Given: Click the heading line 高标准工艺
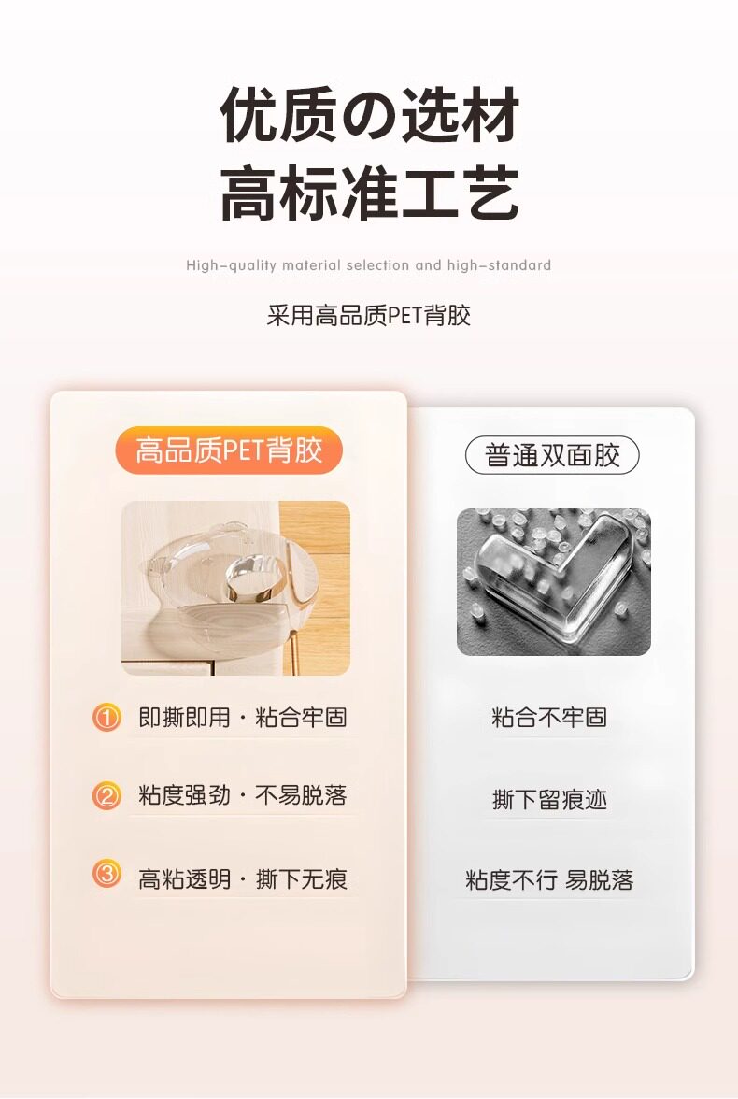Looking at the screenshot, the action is pos(369,193).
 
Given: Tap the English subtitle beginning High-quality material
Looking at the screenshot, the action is pos(369,265).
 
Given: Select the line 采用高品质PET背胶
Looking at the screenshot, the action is pos(369,316).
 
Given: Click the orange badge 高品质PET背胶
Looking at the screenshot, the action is pos(229,450).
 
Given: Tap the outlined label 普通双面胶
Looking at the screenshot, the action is pos(552,456).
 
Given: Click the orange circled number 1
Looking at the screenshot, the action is pos(106,718).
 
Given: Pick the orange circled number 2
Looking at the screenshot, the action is pos(106,795).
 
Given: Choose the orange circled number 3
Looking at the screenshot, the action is pos(106,875).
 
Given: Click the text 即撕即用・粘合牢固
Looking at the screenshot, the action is pos(243,718).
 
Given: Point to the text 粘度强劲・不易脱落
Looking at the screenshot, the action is pos(243,795).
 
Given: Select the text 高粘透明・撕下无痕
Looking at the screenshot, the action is pos(243,878).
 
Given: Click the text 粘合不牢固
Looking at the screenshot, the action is pos(549,718).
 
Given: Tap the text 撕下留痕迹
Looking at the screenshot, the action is pos(549,799).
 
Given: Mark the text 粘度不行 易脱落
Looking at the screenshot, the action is pos(549,879).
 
